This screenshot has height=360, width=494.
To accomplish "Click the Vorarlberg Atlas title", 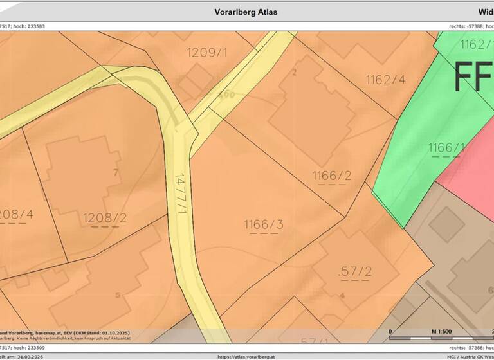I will pyautogui.click(x=246, y=12).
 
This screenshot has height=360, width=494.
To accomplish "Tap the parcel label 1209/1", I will pyautogui.click(x=207, y=52).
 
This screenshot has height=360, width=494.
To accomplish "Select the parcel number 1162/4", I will pyautogui.click(x=386, y=80).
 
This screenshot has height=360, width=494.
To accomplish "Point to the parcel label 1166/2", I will pyautogui.click(x=332, y=175).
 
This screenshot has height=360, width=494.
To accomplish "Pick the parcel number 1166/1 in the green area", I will pyautogui.click(x=446, y=148).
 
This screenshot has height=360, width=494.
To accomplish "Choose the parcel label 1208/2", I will pyautogui.click(x=105, y=218).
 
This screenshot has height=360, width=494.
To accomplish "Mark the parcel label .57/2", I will pyautogui.click(x=354, y=271).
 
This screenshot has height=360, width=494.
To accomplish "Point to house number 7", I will pyautogui.click(x=115, y=172).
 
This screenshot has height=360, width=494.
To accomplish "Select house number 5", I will pyautogui.click(x=118, y=295).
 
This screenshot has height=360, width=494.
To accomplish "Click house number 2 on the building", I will pyautogui.click(x=295, y=72).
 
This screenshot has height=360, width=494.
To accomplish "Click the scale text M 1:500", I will pyautogui.click(x=442, y=331).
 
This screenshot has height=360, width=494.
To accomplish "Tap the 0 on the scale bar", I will pyautogui.click(x=391, y=331).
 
